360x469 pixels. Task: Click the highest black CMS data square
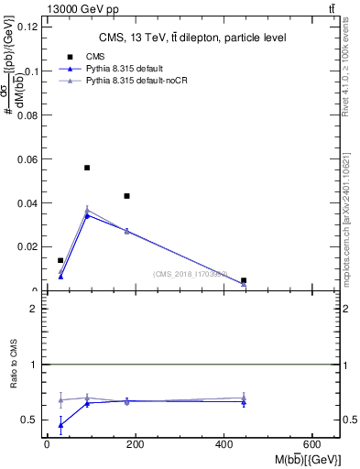pyautogui.click(x=87, y=168)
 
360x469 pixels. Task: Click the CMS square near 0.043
pyautogui.click(x=127, y=196)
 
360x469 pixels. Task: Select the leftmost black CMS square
pyautogui.click(x=60, y=261)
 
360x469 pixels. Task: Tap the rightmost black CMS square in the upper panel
pyautogui.click(x=244, y=280)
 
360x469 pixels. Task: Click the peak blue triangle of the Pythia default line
pyautogui.click(x=87, y=215)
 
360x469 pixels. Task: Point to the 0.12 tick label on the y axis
pyautogui.click(x=30, y=27)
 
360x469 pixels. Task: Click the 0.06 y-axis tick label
pyautogui.click(x=30, y=158)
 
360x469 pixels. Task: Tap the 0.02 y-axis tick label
pyautogui.click(x=30, y=246)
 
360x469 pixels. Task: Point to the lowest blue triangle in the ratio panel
pyautogui.click(x=60, y=425)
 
